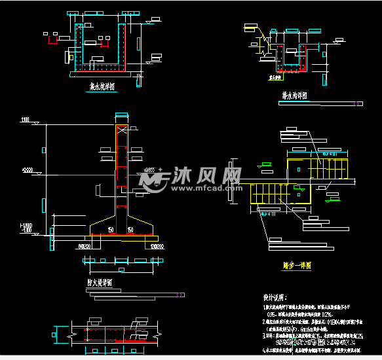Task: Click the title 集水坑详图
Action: tap(102, 86)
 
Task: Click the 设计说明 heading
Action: tap(258, 296)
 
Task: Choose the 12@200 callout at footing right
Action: tap(157, 247)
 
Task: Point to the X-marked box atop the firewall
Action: tap(122, 130)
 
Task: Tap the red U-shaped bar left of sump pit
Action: tap(50, 40)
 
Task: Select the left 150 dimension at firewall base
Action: tap(113, 230)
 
